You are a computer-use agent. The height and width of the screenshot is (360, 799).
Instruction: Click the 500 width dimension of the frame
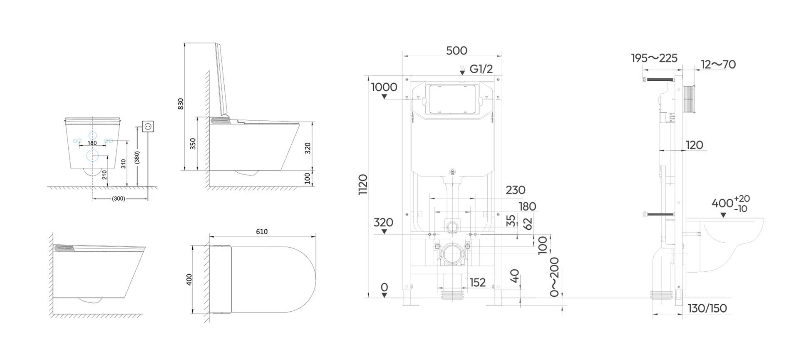pos(457,50)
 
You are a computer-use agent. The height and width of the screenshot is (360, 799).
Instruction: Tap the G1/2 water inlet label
pos(481,69)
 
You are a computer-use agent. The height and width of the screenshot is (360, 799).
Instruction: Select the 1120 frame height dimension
pos(363,185)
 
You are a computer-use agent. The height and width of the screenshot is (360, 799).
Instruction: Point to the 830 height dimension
pos(181,104)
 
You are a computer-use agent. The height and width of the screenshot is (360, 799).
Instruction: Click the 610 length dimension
pos(262,232)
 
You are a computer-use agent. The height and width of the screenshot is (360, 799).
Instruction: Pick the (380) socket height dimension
pos(137,157)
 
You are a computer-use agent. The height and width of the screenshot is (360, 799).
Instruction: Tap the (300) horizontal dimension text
pos(119,199)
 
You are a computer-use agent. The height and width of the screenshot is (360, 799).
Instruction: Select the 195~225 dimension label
pos(654,58)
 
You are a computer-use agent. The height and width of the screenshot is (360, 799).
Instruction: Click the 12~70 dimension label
pos(718,65)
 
